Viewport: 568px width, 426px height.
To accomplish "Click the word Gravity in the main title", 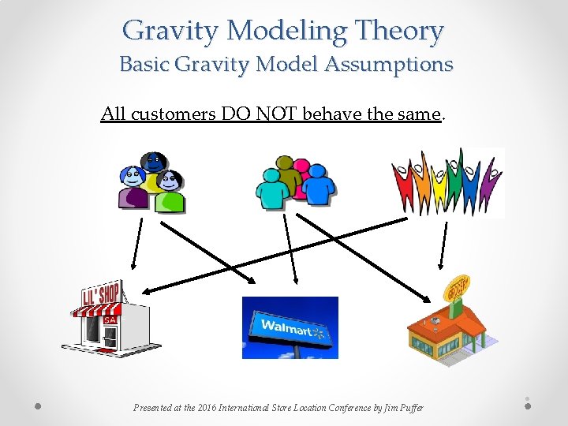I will [x=169, y=31].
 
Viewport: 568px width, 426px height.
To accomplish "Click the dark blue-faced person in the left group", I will [x=155, y=164].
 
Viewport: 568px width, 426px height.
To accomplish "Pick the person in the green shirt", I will [x=170, y=193].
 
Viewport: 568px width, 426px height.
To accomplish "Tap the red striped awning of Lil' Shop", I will [x=99, y=309].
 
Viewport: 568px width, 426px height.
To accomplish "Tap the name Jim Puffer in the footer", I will [x=403, y=408].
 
